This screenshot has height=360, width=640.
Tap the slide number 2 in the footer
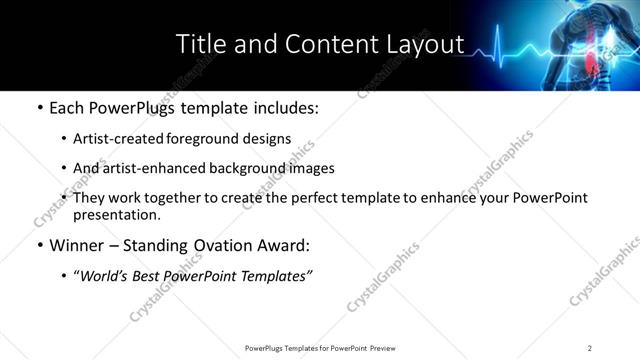(590, 347)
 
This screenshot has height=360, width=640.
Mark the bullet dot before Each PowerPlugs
(39, 107)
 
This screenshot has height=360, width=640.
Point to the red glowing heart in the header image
(591, 64)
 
